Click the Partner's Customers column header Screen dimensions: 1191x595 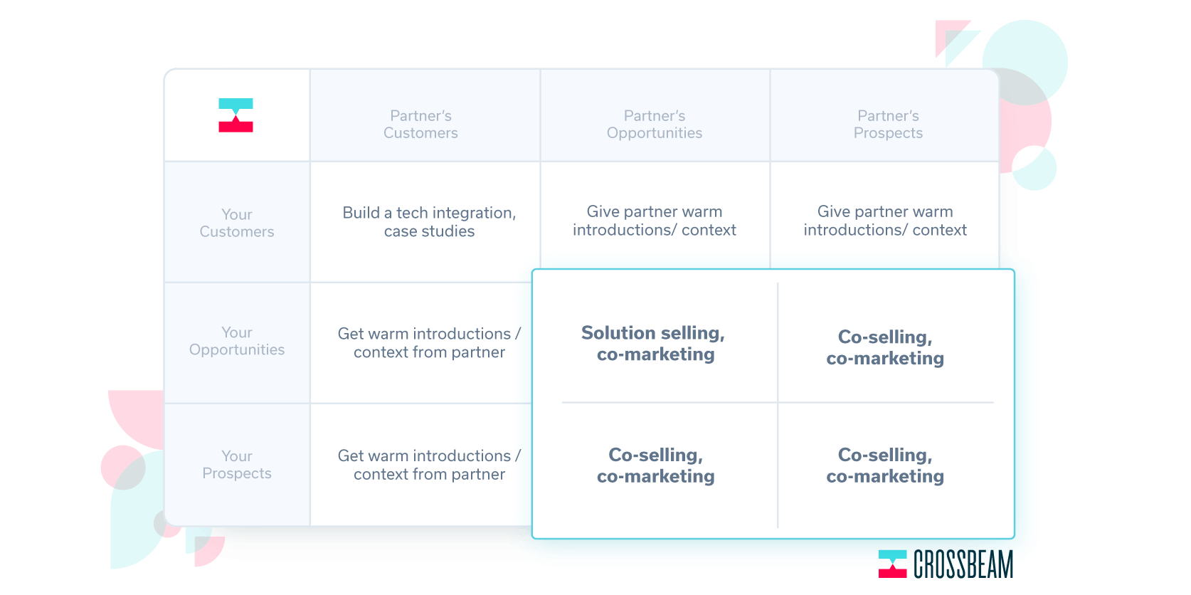pos(420,125)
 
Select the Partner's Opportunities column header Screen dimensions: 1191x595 pos(655,125)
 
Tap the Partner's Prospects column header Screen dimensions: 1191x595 pos(888,125)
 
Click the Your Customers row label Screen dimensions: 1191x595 pos(237,223)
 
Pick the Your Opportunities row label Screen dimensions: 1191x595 pos(237,341)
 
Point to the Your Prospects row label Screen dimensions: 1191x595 pos(237,464)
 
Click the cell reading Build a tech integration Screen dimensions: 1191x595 pos(429,222)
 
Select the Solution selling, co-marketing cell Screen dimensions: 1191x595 pos(653,344)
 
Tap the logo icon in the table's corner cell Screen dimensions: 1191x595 pos(235,115)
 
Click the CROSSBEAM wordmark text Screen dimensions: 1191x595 pos(963,564)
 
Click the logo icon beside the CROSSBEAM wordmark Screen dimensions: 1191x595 pos(892,564)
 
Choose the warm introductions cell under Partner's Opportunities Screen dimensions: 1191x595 pos(655,221)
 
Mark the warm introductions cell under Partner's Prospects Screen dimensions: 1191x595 pos(885,221)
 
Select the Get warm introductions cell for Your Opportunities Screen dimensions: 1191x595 pos(429,343)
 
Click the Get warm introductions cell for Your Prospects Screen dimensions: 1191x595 pos(429,465)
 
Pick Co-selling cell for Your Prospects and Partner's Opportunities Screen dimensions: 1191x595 pos(655,465)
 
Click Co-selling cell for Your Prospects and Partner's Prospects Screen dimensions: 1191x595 pos(885,465)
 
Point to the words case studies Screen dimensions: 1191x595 pos(429,231)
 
